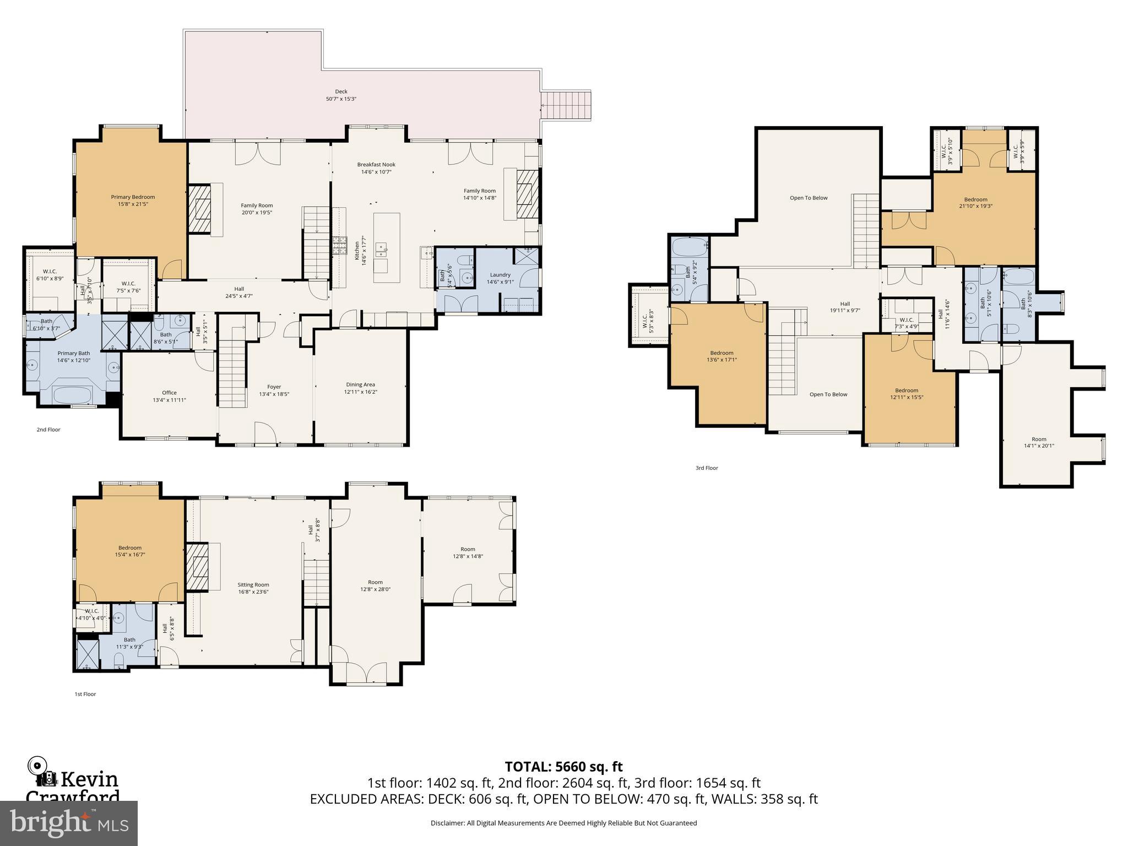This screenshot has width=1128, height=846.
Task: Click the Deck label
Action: [341, 95]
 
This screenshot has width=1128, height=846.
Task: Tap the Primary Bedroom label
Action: [133, 200]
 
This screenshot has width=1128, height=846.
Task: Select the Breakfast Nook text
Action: [376, 168]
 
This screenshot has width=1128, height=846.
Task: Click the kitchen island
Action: [387, 248]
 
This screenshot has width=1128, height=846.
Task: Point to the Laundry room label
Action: [500, 278]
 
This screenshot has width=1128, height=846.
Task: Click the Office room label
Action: [169, 396]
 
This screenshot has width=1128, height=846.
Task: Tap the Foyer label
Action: [274, 390]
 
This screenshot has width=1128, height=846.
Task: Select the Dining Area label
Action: [361, 388]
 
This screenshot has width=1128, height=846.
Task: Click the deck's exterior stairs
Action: [566, 106]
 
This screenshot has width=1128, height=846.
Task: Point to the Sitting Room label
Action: [253, 588]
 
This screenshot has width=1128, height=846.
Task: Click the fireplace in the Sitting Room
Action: [196, 567]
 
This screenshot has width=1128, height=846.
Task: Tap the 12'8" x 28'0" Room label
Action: [375, 585]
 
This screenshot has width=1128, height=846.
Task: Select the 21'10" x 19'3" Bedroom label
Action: [975, 203]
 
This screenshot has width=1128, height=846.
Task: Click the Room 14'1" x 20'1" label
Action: [1039, 442]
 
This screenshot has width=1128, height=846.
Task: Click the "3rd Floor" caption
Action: [707, 468]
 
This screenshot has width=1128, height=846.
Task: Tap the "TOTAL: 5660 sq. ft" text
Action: [563, 766]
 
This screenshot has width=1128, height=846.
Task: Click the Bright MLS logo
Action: [69, 823]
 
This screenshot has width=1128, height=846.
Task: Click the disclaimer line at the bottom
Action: [563, 823]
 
